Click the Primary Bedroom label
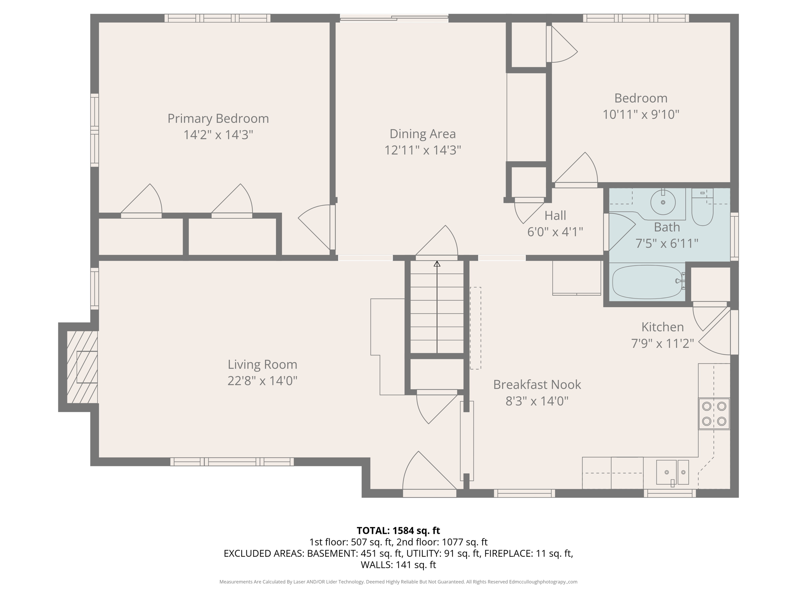218,118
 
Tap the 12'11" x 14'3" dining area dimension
423,150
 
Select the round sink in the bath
663,202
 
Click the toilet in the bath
702,210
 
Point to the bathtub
647,282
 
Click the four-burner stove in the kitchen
714,413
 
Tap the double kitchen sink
672,472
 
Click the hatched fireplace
82,367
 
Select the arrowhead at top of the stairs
437,264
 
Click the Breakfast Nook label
537,385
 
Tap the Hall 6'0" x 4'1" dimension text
555,232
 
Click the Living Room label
262,364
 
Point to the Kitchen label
662,327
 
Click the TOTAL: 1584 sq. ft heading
398,530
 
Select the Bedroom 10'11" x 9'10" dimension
641,114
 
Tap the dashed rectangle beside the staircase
475,328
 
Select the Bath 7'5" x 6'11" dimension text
667,244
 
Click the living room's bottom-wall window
232,462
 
